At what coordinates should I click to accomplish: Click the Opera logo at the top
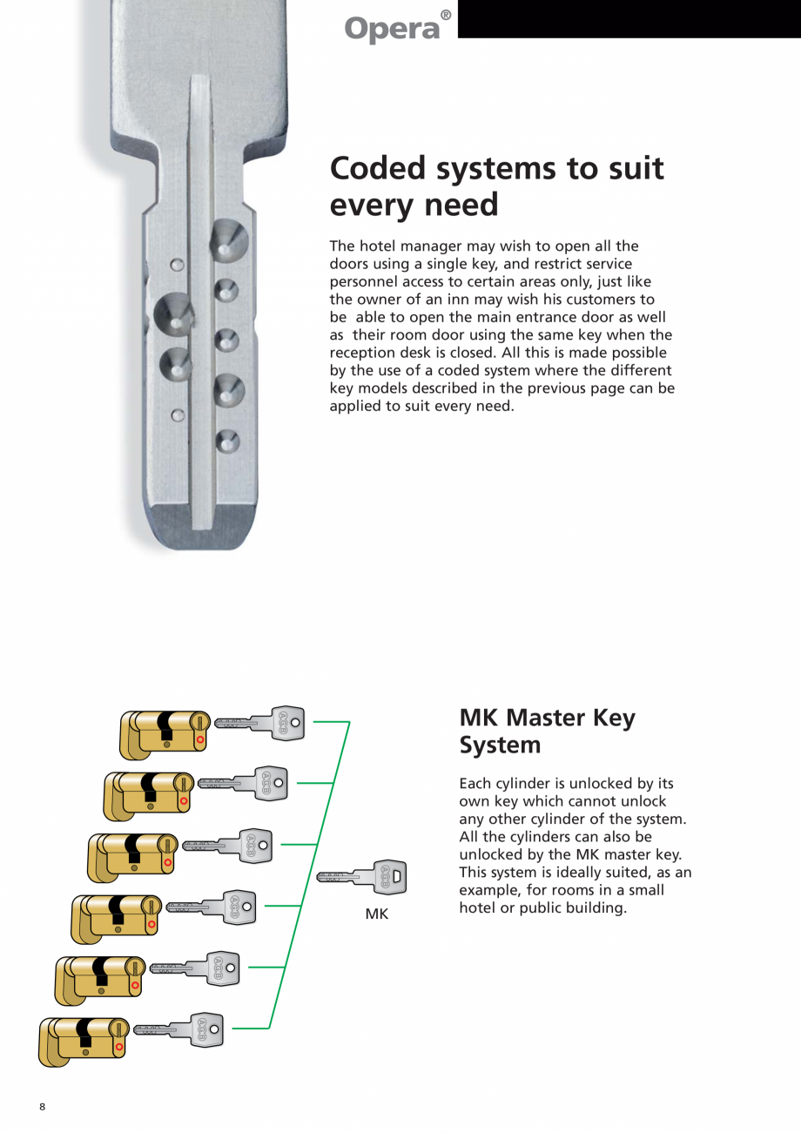[x=393, y=28]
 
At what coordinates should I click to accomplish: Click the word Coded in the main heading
[x=380, y=167]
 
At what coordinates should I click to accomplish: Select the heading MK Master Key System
[x=547, y=731]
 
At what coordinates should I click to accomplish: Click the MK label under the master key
[x=376, y=914]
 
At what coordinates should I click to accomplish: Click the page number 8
[x=42, y=1107]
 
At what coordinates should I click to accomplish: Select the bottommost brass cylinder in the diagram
[x=84, y=1040]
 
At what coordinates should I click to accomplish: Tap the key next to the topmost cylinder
[x=260, y=723]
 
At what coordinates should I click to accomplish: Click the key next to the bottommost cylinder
[x=179, y=1030]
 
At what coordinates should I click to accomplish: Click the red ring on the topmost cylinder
[x=200, y=739]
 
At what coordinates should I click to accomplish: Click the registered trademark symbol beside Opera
[x=446, y=16]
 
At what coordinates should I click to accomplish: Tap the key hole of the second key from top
[x=279, y=782]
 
